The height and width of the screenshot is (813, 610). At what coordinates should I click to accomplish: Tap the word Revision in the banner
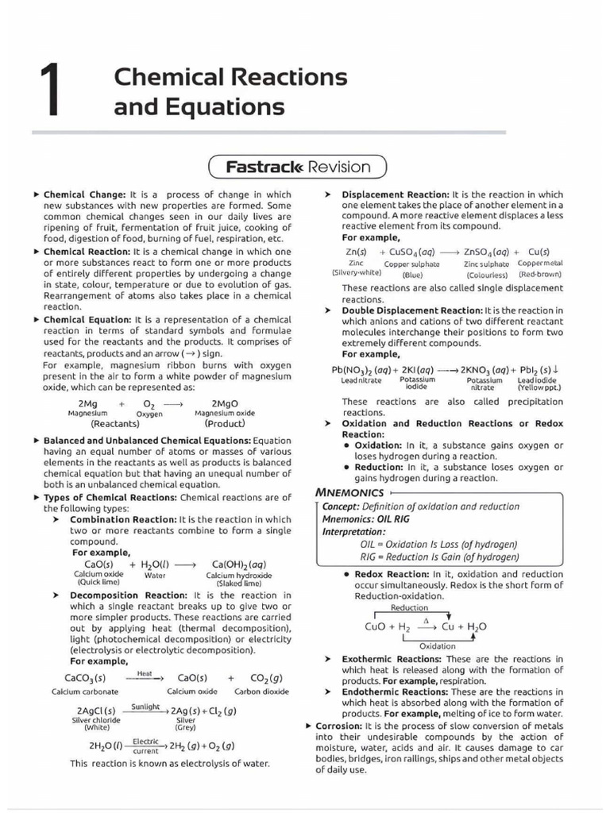click(339, 167)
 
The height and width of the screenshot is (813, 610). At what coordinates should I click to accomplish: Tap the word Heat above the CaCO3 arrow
click(145, 673)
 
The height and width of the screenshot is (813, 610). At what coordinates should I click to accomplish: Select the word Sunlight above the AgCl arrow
click(145, 706)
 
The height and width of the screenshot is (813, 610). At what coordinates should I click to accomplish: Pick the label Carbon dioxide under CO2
click(261, 692)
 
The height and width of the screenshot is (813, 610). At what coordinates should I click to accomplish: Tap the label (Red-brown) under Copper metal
click(541, 274)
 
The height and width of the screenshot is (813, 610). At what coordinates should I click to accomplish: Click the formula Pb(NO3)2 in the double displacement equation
click(352, 370)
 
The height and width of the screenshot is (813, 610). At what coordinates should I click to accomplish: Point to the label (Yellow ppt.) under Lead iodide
click(539, 387)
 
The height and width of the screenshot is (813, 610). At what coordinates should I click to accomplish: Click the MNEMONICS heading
click(349, 492)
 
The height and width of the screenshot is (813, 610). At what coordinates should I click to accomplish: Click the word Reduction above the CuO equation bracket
click(409, 608)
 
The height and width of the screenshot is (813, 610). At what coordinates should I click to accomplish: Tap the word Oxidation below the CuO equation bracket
click(438, 646)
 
